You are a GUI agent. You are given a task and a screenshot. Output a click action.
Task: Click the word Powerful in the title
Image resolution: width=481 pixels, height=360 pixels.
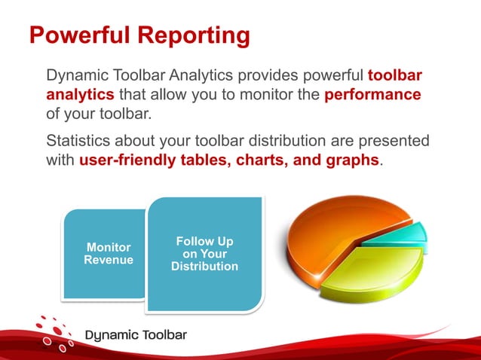coord(80,35)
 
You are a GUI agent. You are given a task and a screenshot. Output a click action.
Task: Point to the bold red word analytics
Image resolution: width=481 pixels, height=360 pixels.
coord(81,95)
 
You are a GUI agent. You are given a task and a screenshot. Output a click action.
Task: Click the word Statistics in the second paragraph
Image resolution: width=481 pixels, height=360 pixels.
coord(78,141)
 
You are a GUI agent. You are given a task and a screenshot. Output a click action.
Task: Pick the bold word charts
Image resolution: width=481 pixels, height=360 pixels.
coord(262,160)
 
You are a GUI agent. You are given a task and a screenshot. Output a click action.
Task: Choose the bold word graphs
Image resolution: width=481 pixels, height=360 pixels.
coord(351,160)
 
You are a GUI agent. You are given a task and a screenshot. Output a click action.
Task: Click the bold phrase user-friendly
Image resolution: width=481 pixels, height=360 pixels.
coord(127,160)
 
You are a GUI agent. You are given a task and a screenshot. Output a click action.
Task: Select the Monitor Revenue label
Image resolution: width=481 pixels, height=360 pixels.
coord(109,253)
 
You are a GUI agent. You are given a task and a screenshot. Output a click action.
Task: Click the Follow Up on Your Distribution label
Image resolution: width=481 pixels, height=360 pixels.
coord(204,254)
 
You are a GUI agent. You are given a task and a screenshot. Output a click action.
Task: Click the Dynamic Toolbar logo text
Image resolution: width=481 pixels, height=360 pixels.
coord(136,335)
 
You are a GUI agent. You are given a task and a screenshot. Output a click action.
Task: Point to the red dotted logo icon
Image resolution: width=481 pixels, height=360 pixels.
coord(54,334)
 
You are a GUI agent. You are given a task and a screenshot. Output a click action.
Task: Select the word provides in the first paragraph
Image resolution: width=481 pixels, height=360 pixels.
coord(268,76)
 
